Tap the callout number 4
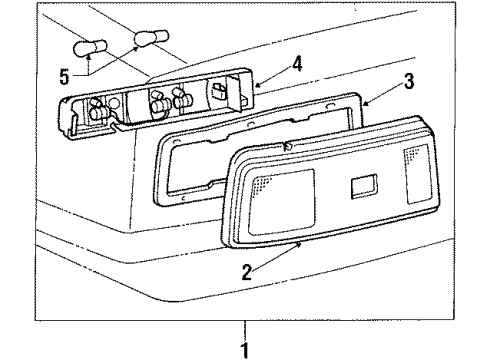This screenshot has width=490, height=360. [297, 68]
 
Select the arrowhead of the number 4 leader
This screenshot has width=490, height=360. [254, 86]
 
